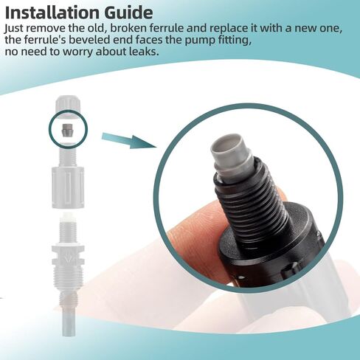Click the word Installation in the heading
(52, 13)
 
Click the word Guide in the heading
(128, 13)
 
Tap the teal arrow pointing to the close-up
(129, 140)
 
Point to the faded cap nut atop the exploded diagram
(68, 103)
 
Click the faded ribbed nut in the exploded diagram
(68, 187)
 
